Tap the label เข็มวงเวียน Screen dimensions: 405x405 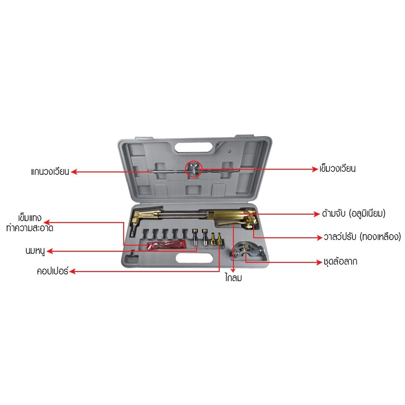coord(338,169)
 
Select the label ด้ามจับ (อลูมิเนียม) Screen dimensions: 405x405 coord(353,214)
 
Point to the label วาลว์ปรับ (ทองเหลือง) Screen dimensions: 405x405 coord(360,237)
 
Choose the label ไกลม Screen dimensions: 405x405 coord(232,278)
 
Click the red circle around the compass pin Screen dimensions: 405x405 coord(194,168)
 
